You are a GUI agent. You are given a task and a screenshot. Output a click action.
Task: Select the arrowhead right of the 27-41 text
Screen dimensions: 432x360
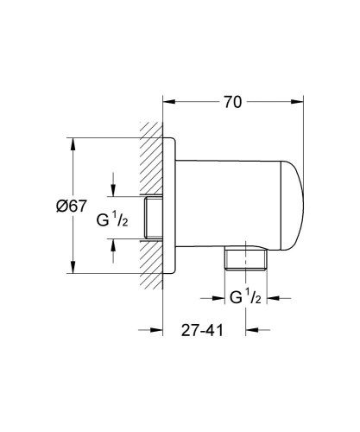(x=252, y=329)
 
